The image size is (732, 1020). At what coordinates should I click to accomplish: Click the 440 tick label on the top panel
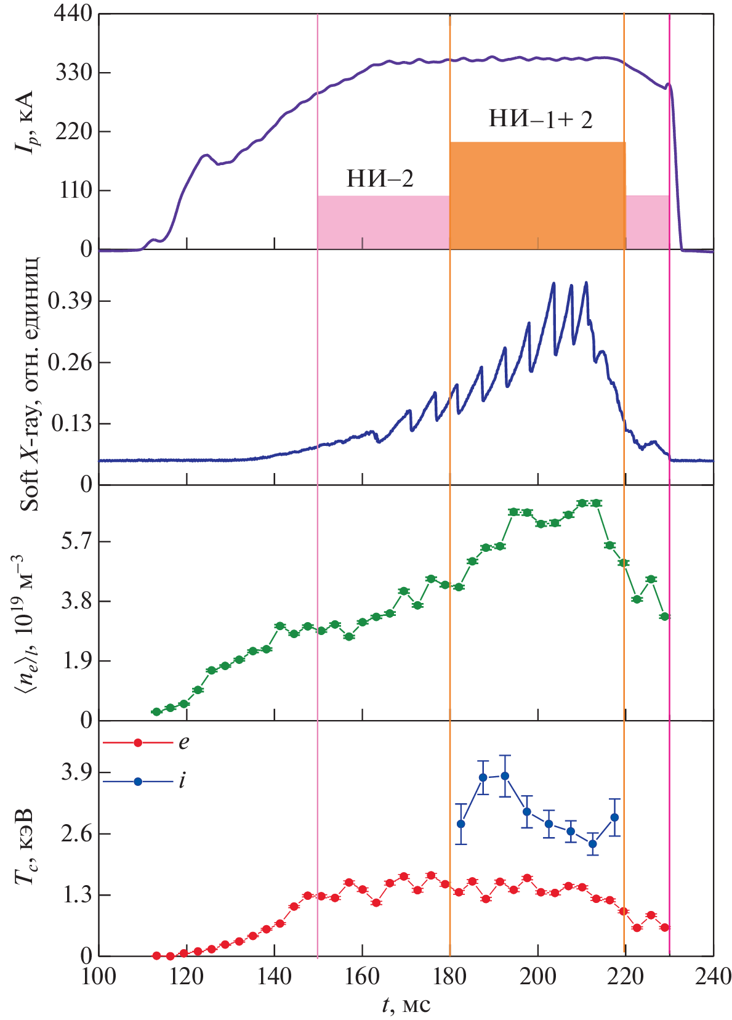point(73,14)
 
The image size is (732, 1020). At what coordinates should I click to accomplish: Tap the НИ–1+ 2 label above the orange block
point(540,119)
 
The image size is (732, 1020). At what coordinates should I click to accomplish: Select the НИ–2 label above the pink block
point(379,179)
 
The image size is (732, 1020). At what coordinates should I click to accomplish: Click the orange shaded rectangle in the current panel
point(537,195)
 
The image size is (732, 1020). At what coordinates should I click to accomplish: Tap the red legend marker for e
point(138,743)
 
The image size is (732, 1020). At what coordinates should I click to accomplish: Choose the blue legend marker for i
point(138,782)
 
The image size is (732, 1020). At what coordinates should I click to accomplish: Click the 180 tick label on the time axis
point(450,977)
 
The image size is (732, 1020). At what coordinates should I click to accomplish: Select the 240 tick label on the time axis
point(713,977)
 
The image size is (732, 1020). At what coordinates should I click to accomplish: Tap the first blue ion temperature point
point(461,824)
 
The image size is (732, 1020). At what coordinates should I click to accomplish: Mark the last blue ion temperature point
point(614,817)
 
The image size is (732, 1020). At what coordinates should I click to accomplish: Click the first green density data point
point(156,712)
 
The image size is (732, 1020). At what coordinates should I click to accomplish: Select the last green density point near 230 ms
point(664,617)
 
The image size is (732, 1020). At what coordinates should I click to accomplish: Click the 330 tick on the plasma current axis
point(73,73)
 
